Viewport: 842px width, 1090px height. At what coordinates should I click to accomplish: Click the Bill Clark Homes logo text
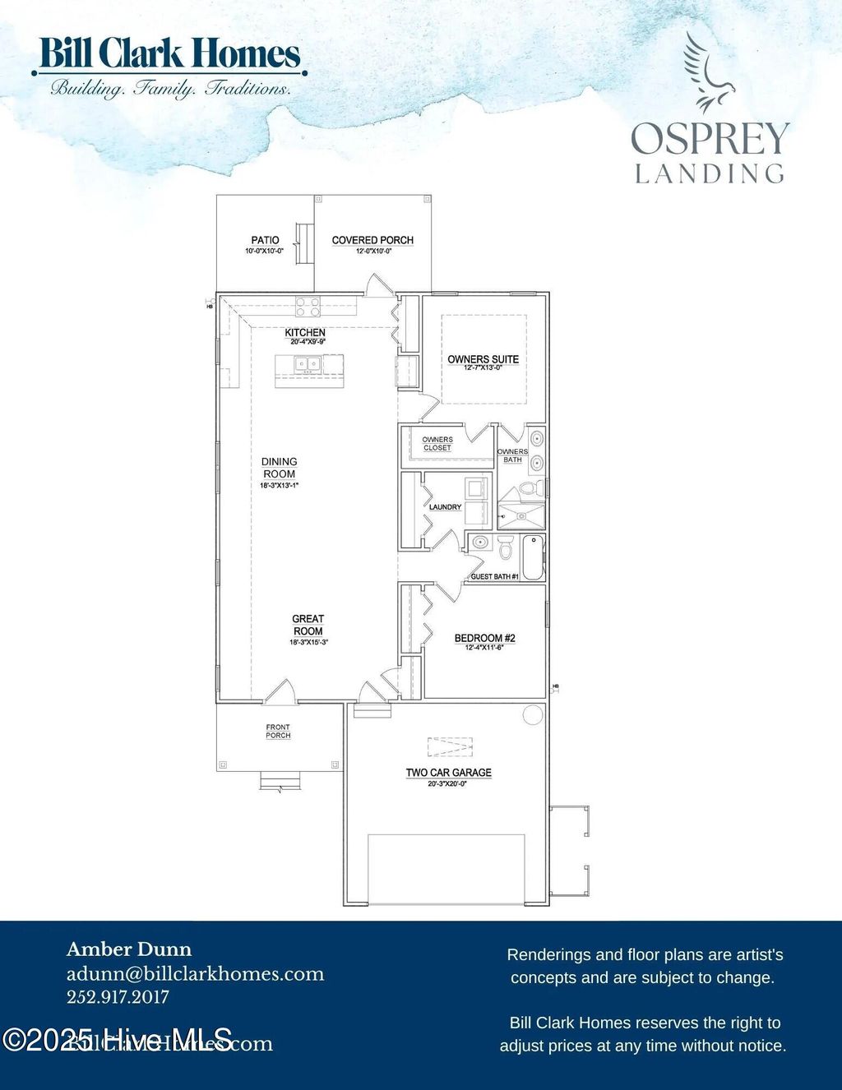169,54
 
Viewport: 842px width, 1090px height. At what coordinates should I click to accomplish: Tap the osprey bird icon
706,72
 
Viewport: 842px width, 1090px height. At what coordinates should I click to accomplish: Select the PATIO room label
265,240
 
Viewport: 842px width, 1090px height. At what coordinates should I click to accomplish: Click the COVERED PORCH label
372,240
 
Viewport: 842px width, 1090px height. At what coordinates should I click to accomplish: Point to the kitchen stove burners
308,307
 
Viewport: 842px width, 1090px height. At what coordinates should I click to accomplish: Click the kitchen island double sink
308,363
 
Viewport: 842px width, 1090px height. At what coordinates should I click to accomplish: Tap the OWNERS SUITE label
483,359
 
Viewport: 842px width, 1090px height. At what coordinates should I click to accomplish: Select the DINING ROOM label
280,468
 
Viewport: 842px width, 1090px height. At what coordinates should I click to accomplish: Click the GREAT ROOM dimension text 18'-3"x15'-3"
308,643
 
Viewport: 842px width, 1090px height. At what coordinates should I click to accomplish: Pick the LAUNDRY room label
445,507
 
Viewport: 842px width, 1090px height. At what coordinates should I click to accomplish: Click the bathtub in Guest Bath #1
533,557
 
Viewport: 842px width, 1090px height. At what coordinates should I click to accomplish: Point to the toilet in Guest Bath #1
506,546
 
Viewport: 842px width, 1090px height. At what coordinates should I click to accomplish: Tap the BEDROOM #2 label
484,638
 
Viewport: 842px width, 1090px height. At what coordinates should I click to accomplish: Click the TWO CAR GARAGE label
448,773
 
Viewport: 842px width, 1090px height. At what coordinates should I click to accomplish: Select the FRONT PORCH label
278,731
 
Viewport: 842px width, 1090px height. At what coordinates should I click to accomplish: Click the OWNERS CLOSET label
437,444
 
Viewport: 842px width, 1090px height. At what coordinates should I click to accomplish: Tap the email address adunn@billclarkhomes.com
195,974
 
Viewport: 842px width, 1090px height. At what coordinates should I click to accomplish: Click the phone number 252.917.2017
118,997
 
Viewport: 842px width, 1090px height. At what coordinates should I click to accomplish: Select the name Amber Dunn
129,949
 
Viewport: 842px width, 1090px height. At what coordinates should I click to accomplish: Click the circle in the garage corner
533,714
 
